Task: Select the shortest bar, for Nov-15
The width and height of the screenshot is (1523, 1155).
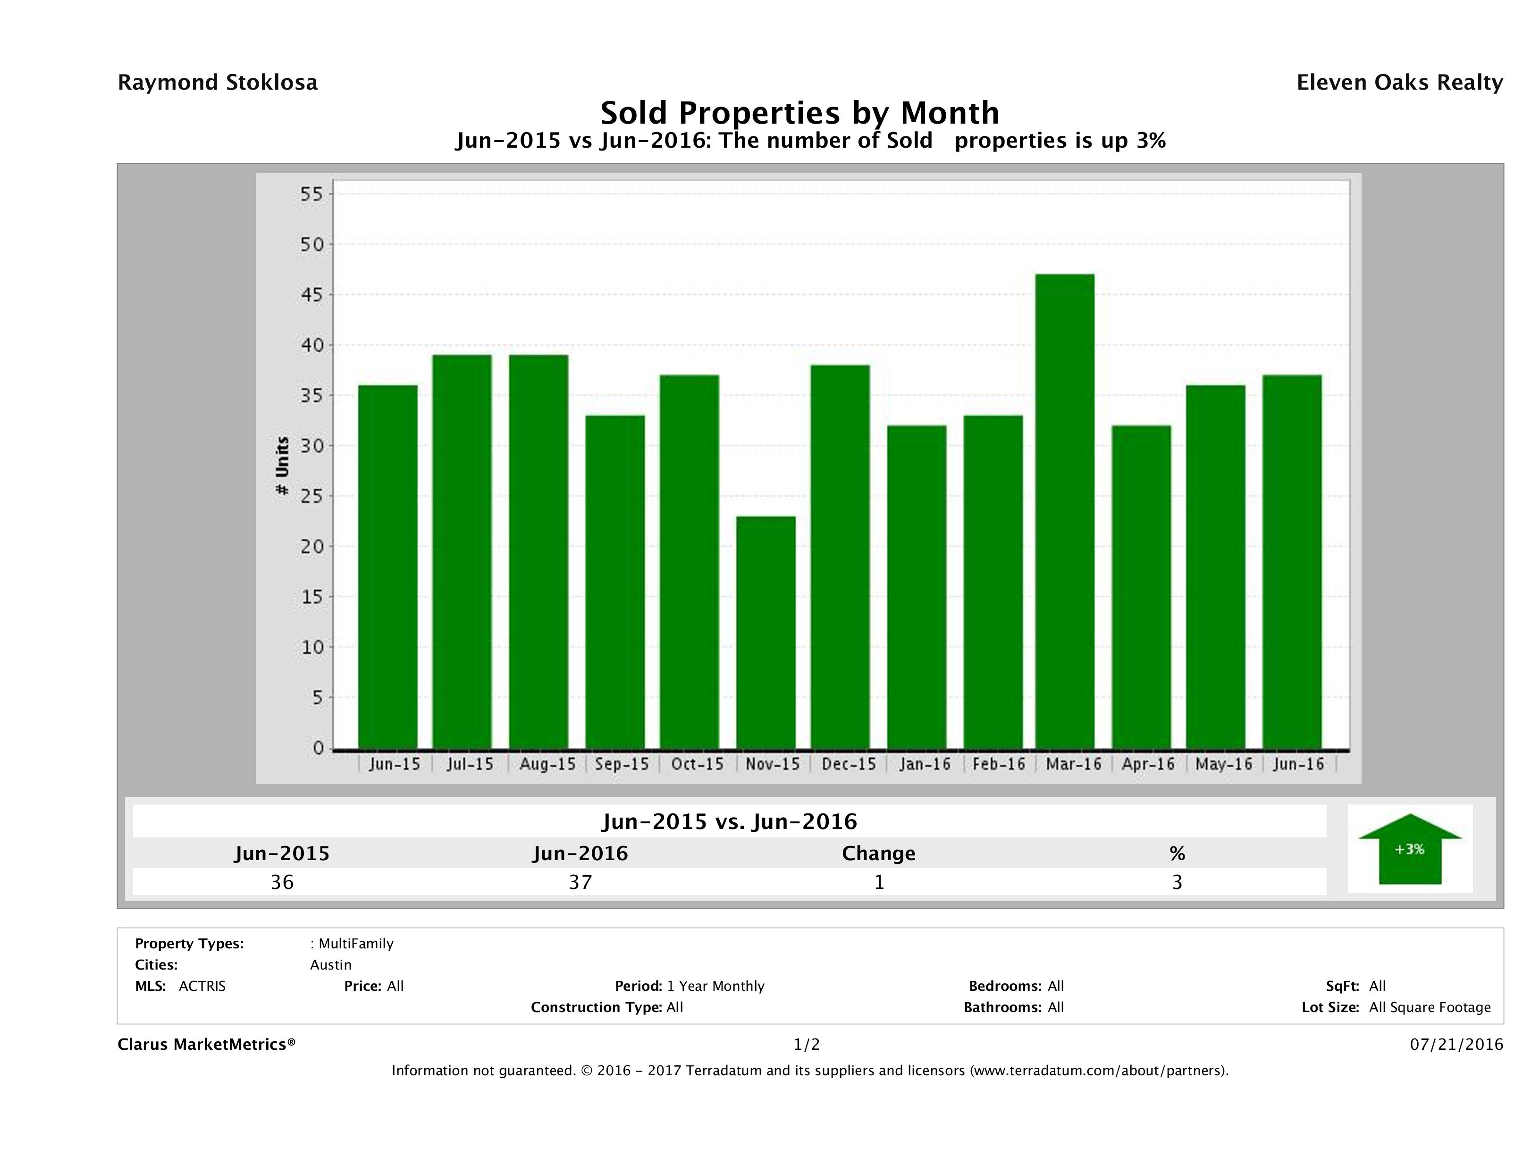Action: click(x=766, y=632)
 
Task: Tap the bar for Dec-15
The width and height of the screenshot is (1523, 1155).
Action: click(x=840, y=556)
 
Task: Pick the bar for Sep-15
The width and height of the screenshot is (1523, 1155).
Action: click(x=615, y=582)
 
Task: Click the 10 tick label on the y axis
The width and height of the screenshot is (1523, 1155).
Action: click(x=311, y=647)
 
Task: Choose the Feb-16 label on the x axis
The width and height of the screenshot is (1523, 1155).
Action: click(x=998, y=764)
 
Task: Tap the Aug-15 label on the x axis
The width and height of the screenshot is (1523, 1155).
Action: click(x=547, y=764)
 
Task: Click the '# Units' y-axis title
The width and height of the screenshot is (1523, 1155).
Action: click(x=282, y=466)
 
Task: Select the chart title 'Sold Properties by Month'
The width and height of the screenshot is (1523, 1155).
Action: click(x=799, y=112)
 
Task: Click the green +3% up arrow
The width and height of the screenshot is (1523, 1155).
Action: click(x=1409, y=849)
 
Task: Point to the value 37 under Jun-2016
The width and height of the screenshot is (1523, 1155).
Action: click(x=581, y=882)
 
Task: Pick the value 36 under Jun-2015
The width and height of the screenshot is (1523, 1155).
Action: click(x=282, y=882)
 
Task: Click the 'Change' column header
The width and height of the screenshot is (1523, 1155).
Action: click(x=879, y=854)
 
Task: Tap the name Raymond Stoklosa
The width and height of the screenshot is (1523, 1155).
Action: click(x=218, y=83)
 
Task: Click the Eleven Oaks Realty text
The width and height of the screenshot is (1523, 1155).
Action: click(x=1399, y=83)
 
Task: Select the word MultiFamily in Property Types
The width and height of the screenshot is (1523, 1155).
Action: click(x=356, y=944)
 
